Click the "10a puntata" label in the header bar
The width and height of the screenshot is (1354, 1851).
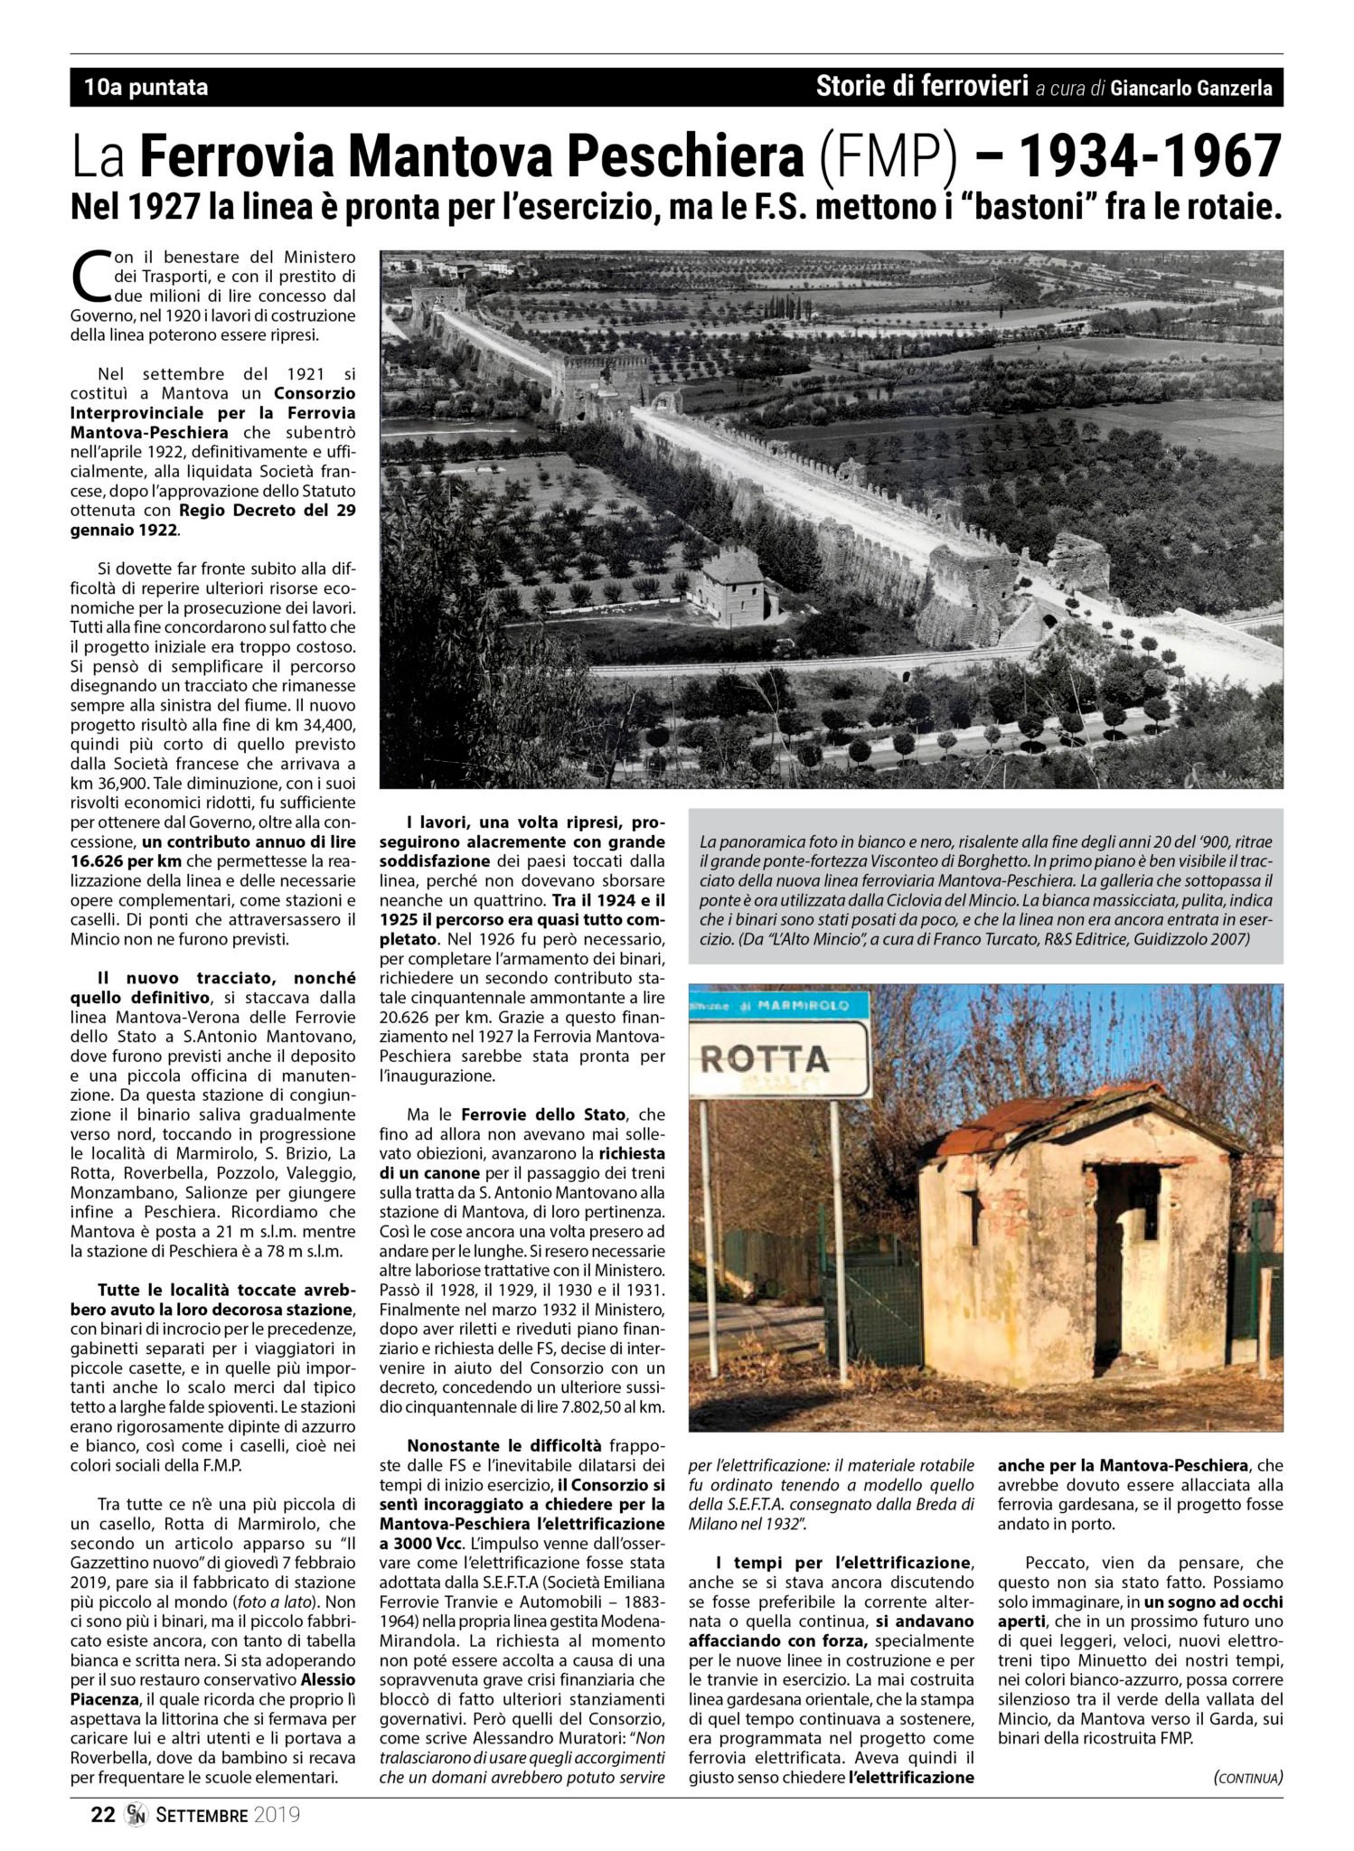point(146,88)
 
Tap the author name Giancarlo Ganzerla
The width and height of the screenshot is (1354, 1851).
point(1191,89)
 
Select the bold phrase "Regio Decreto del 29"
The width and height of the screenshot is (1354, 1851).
point(268,511)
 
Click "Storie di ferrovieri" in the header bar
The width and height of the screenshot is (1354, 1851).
point(922,88)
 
